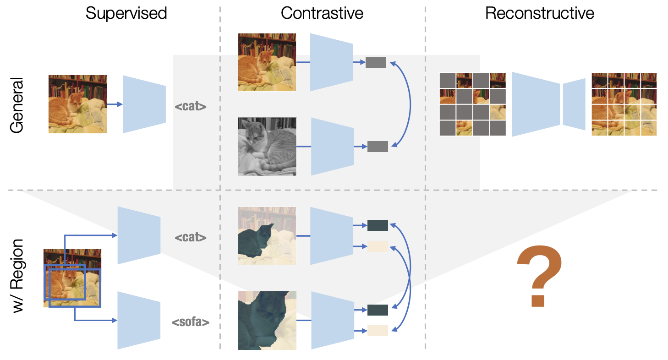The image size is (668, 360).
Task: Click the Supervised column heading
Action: coord(126,13)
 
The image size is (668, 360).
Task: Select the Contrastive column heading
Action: coord(322,13)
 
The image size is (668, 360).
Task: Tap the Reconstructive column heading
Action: coord(540,13)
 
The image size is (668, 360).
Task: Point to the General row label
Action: coord(17,105)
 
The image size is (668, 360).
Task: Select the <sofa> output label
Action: coord(191,322)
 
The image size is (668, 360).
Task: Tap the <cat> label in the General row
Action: coord(191,107)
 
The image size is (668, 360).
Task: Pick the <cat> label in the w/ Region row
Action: coord(191,238)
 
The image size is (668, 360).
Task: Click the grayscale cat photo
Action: coord(267,147)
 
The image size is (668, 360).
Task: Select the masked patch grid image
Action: coord(472,104)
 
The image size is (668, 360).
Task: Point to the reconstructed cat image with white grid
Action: coord(624,104)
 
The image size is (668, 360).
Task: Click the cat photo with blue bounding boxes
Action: coord(72,278)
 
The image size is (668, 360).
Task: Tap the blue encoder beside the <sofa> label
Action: coord(139,320)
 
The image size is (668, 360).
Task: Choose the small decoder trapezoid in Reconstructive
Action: coord(574,104)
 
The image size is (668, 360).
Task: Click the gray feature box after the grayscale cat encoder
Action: coord(378,147)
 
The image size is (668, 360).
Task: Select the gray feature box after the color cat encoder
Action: coord(376,62)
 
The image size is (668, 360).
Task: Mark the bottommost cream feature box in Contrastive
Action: coord(378,330)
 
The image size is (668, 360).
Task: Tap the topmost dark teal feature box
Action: coord(378,225)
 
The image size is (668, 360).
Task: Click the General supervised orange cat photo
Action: coord(77,104)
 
